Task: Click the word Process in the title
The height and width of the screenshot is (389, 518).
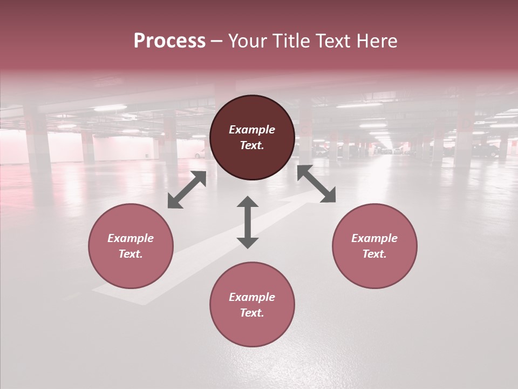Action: click(x=169, y=41)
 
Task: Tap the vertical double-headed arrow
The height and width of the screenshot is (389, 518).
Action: click(x=248, y=222)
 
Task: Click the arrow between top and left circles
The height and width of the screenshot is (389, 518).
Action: click(x=187, y=190)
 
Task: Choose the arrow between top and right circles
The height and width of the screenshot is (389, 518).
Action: click(x=316, y=184)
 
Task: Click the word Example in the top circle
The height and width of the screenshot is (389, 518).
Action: click(x=252, y=130)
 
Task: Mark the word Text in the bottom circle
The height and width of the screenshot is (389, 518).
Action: click(x=251, y=313)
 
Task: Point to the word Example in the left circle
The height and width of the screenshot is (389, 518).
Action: click(x=131, y=238)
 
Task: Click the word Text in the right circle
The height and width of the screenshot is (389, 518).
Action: click(x=374, y=254)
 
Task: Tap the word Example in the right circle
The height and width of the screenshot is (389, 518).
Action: click(x=374, y=238)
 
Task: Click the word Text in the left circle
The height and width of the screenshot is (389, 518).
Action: click(x=130, y=254)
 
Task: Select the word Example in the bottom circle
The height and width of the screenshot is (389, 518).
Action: click(x=252, y=297)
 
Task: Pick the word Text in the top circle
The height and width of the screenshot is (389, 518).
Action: click(x=251, y=145)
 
